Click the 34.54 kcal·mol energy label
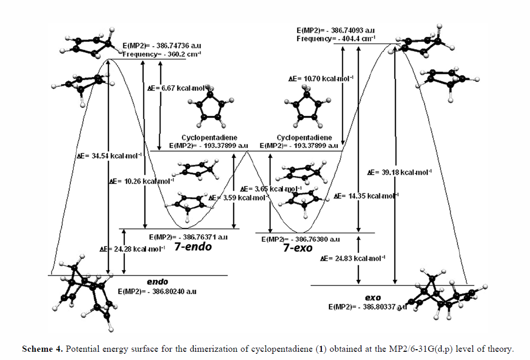pyautogui.click(x=109, y=155)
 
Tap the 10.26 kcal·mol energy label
pyautogui.click(x=142, y=181)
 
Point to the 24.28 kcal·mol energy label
pyautogui.click(x=133, y=249)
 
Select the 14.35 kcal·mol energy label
pyautogui.click(x=365, y=196)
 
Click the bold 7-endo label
pyautogui.click(x=193, y=247)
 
